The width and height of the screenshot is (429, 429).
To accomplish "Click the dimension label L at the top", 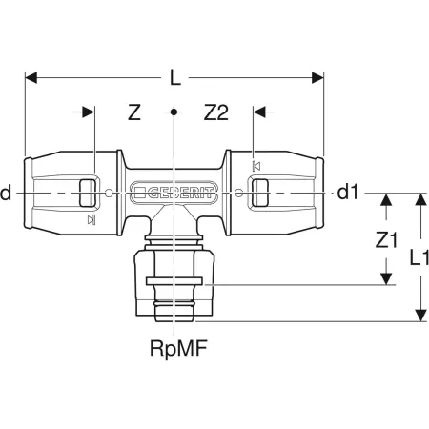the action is click(175, 78).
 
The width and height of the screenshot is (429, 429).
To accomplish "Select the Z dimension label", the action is click(134, 112).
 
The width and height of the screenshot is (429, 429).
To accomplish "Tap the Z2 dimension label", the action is click(215, 112).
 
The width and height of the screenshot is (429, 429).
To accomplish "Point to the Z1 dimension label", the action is click(386, 239).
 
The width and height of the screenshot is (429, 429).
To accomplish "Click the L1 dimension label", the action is click(419, 257).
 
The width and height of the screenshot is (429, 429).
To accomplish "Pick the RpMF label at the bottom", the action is click(178, 349).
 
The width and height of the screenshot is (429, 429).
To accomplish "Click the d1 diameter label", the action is click(347, 193).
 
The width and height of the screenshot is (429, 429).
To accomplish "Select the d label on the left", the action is click(6, 193).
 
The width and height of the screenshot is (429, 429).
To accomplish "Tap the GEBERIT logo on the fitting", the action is click(174, 193).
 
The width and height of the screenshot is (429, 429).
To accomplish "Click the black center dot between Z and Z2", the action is click(174, 112).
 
